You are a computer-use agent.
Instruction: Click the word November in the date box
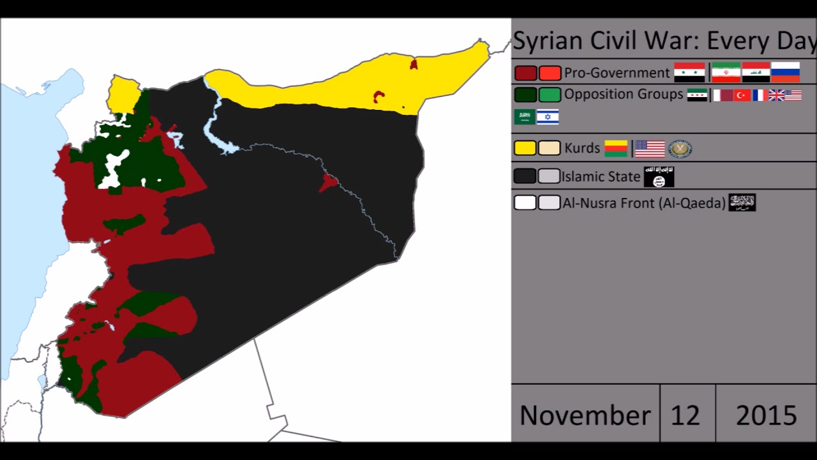pos(585,415)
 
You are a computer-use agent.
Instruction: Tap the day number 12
pos(685,415)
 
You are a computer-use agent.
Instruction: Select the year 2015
pos(766,415)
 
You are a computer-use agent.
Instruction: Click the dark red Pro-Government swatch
pos(525,73)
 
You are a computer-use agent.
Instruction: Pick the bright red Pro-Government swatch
pos(550,73)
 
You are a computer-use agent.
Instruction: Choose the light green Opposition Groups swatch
pos(550,95)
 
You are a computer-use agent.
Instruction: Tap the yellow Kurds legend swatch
pos(525,148)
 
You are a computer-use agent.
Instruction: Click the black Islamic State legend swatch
pos(525,176)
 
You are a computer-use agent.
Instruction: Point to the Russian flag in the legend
pos(785,72)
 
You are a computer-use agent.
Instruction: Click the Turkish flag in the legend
pos(742,95)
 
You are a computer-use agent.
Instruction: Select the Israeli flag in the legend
pos(548,117)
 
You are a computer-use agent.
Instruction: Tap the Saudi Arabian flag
pos(525,117)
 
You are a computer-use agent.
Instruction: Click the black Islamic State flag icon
pos(659,176)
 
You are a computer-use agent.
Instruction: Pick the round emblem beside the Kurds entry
pos(680,149)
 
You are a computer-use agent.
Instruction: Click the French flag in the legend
pos(759,95)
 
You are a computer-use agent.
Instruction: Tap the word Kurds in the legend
pos(582,148)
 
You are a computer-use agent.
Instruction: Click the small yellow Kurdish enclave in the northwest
pos(123,95)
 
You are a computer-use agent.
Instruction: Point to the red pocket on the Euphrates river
pos(328,182)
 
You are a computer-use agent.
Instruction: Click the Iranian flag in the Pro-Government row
pos(726,72)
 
